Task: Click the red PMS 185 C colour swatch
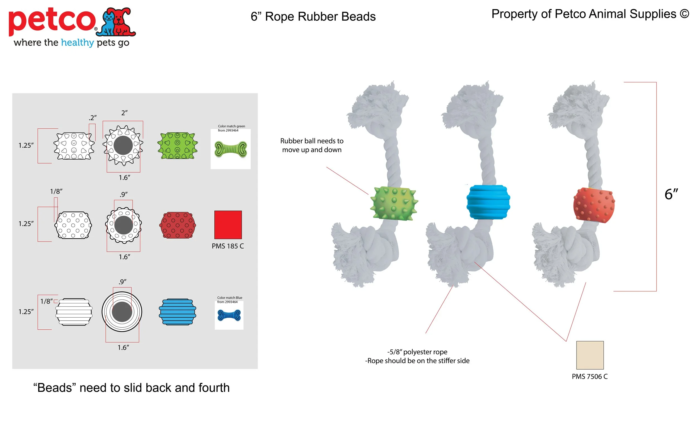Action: tap(228, 225)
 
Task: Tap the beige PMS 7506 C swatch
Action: tap(590, 355)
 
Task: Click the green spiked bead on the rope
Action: tap(394, 203)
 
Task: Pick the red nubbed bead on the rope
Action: tap(594, 205)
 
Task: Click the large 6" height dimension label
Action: tap(671, 194)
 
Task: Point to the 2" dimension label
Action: tap(124, 113)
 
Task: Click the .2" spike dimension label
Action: tap(93, 118)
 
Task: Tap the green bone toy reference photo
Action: tap(231, 149)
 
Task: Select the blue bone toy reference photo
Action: tap(229, 315)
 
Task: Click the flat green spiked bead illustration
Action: tap(177, 146)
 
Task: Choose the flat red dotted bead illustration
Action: tap(178, 225)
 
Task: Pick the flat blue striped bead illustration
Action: tap(177, 312)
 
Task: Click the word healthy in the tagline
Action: tap(77, 43)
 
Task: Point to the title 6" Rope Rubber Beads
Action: tap(313, 16)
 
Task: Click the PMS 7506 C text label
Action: tap(590, 377)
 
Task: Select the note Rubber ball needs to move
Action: tap(312, 145)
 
